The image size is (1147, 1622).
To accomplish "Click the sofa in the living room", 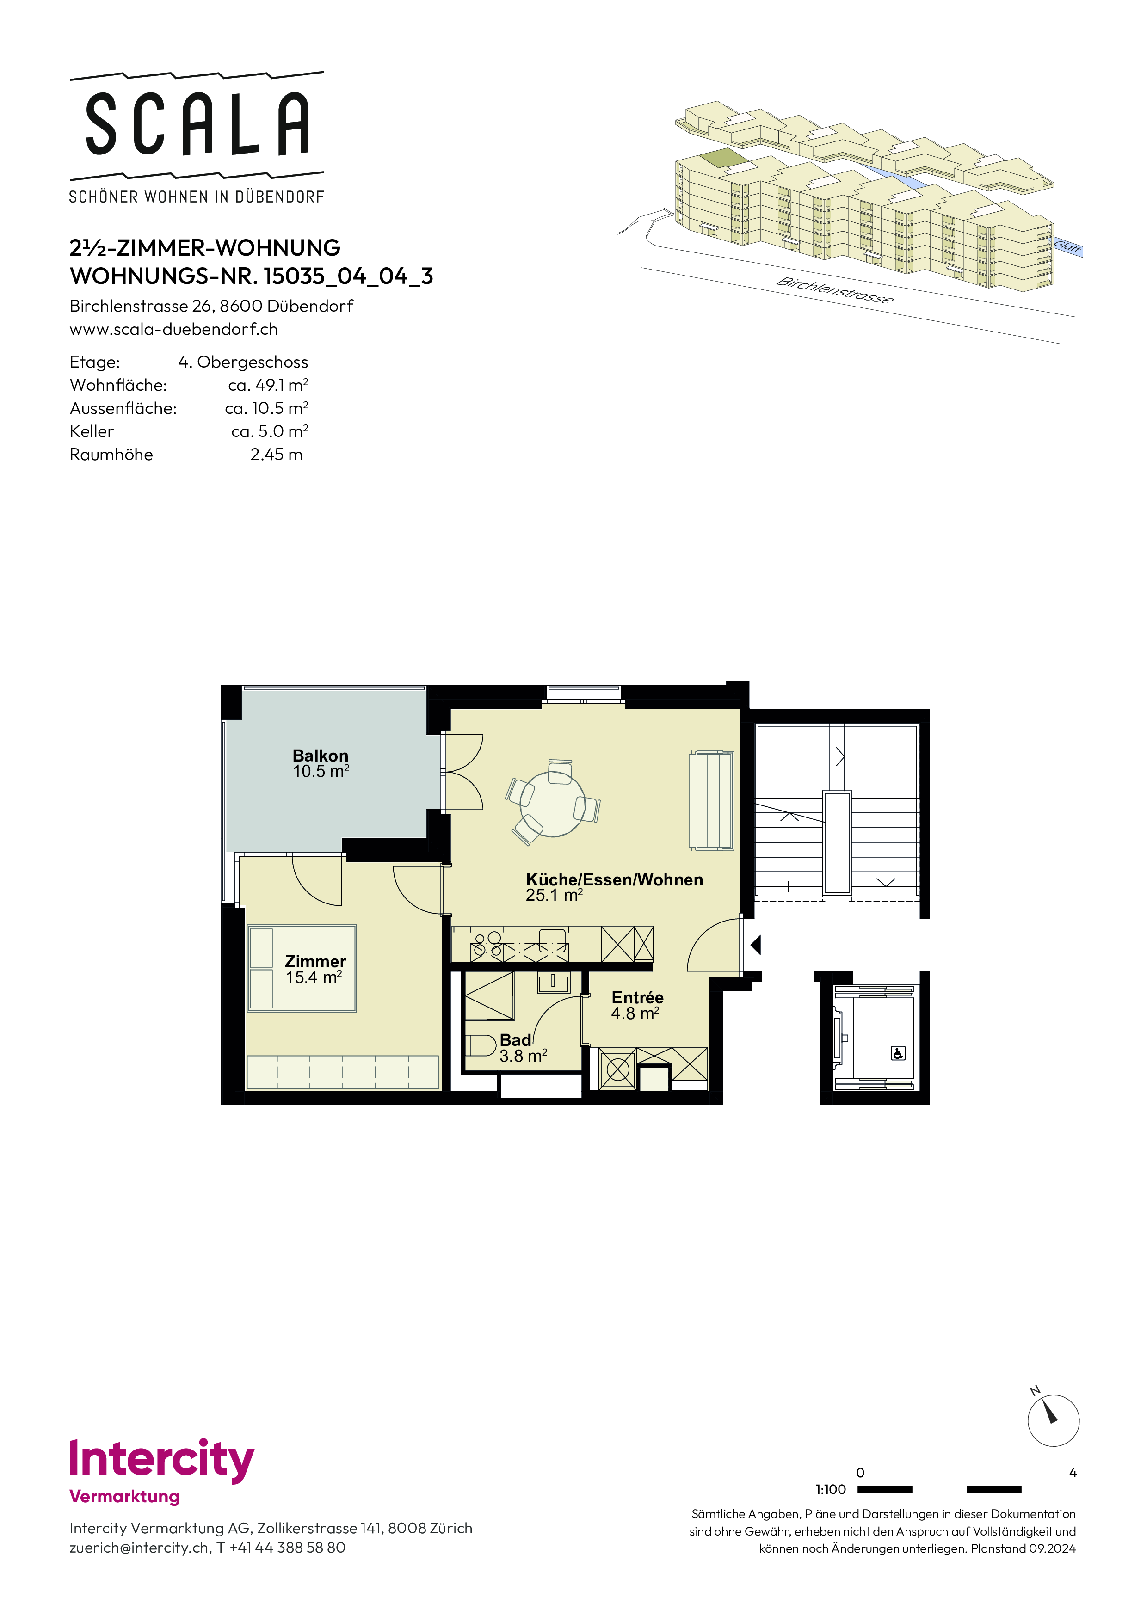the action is [711, 800].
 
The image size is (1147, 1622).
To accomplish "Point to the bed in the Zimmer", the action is [302, 968].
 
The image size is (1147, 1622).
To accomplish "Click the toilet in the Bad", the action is [481, 1045].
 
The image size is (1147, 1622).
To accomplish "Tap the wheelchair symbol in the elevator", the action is [898, 1053].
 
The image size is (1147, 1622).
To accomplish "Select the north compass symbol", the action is [1053, 1420].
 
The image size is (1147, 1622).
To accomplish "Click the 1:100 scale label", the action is [830, 1489].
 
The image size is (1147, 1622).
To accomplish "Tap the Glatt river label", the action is [1067, 246].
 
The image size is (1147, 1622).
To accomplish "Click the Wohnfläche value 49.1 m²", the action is [268, 385].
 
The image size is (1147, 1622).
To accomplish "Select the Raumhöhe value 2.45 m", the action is [276, 454].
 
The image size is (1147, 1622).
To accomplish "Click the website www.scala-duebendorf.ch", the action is [174, 329].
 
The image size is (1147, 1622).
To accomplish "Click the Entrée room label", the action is [637, 997].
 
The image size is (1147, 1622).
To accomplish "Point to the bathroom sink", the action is [553, 982].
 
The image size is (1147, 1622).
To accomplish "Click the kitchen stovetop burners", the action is [487, 945].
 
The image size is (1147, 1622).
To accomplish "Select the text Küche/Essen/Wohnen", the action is [614, 879].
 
